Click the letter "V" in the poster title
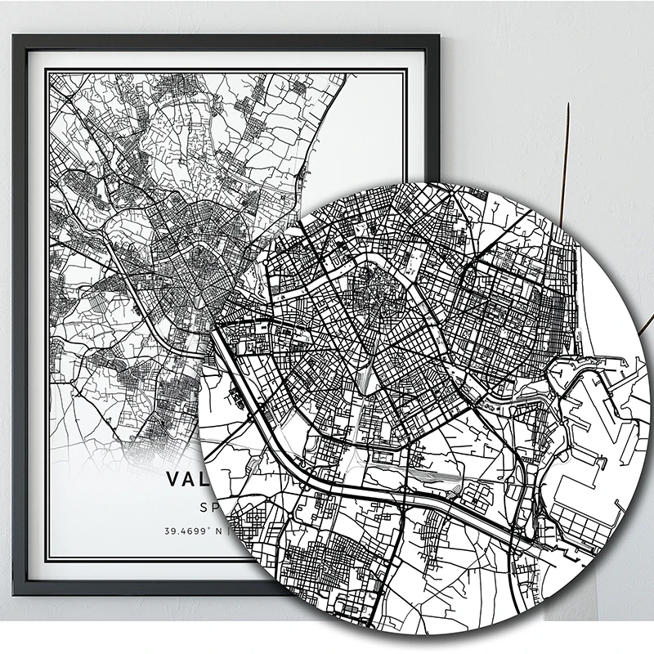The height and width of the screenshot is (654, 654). [x=172, y=478]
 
